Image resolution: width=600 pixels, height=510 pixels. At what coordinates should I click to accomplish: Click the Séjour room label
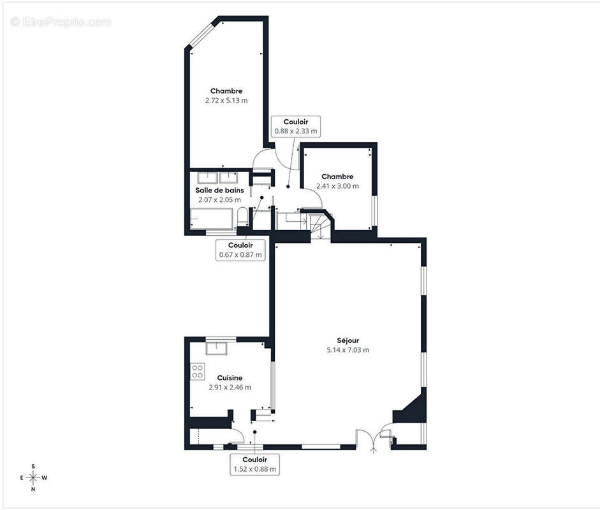pos(348,340)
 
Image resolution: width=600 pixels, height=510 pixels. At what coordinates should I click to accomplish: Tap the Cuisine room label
pos(230,377)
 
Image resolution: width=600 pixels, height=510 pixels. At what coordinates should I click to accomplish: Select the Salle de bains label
pos(219,190)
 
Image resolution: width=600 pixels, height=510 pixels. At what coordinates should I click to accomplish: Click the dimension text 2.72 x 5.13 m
pos(226,101)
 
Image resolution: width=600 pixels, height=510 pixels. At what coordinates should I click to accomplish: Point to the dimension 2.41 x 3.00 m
pos(337,186)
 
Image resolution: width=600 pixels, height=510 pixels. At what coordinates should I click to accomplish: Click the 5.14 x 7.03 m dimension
pos(348,350)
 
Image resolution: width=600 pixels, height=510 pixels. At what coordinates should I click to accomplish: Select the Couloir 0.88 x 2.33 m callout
pos(295,126)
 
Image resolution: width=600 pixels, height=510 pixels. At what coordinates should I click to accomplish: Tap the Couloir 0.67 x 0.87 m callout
pos(240,250)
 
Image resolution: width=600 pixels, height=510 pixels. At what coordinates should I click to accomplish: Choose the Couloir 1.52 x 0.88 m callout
pos(254,464)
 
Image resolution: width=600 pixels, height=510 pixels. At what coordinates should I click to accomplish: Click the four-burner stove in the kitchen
pos(198,371)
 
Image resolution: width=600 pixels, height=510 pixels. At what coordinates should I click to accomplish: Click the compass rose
pos(33,477)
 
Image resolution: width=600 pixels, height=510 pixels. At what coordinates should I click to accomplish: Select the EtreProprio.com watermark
pos(62,22)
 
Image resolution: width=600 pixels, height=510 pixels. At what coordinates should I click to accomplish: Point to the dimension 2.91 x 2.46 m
pos(230,387)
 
